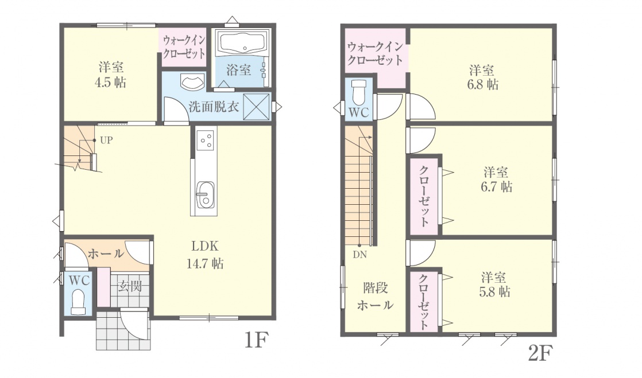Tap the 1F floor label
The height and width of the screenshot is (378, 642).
257,340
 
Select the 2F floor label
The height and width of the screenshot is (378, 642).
541,353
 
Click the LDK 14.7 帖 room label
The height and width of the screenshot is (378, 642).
205,255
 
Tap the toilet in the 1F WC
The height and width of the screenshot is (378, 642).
78,302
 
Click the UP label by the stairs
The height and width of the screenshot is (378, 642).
106,141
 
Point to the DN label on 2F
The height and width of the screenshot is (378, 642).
360,255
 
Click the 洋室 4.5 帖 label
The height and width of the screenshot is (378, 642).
111,75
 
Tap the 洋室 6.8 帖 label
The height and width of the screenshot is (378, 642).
482,77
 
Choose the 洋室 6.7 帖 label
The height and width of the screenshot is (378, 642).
496,179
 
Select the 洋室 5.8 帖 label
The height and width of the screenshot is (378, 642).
494,285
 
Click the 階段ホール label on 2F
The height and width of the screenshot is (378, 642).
375,297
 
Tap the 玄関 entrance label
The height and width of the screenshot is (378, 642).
130,286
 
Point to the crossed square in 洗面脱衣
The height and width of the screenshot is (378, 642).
257,107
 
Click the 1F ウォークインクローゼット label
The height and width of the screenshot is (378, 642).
184,47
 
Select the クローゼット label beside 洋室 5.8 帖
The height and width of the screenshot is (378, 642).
423,302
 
